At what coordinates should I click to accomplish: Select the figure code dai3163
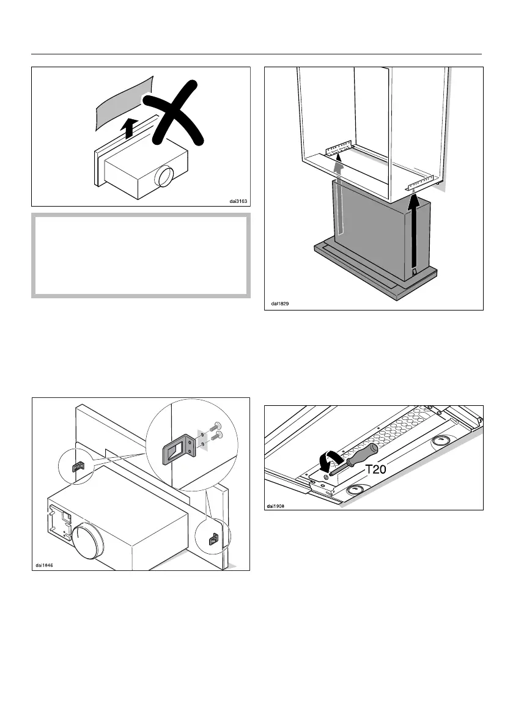238,200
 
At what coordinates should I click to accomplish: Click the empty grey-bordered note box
141,256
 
